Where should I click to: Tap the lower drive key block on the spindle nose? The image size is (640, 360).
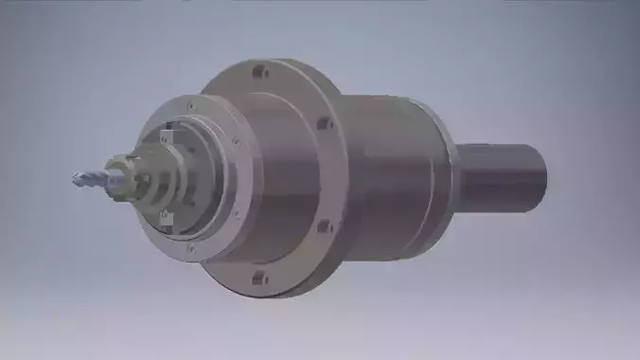168,217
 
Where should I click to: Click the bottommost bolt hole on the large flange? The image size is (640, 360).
255,278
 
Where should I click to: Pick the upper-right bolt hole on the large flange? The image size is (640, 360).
324,122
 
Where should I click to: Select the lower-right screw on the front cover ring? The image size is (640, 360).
234,214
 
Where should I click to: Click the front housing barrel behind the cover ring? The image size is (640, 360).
275,180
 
